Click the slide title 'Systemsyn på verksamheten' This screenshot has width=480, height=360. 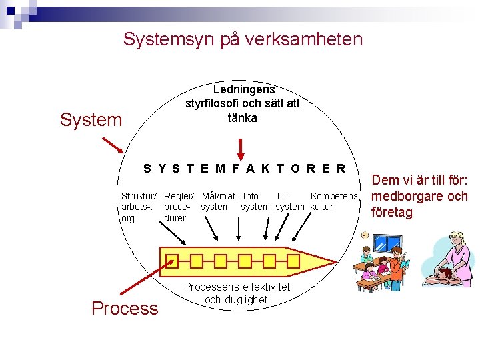click(x=243, y=39)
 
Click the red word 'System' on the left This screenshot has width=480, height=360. click(x=91, y=120)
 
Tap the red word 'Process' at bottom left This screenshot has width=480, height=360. click(x=125, y=308)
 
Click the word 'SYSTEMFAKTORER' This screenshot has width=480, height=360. click(x=245, y=169)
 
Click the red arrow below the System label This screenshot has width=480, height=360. click(x=112, y=145)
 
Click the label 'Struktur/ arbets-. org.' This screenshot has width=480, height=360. click(x=139, y=207)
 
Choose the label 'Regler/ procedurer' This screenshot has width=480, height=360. click(x=179, y=207)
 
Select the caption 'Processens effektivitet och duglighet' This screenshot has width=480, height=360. click(x=237, y=293)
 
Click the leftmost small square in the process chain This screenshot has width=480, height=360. click(x=173, y=260)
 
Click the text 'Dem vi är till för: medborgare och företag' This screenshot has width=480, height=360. click(x=419, y=196)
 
